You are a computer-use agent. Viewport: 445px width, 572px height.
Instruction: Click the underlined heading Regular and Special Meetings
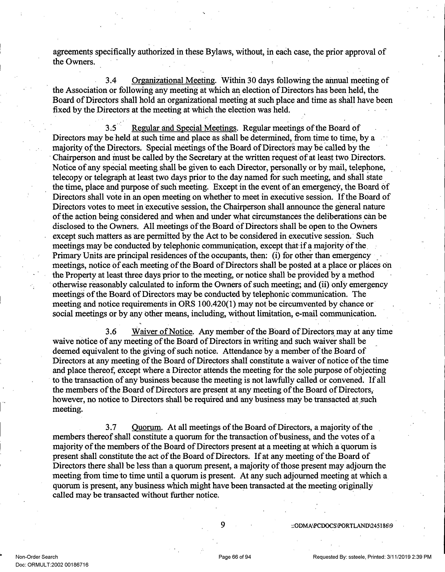point(184,128)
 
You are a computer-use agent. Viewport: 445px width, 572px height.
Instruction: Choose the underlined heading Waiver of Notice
point(162,332)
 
